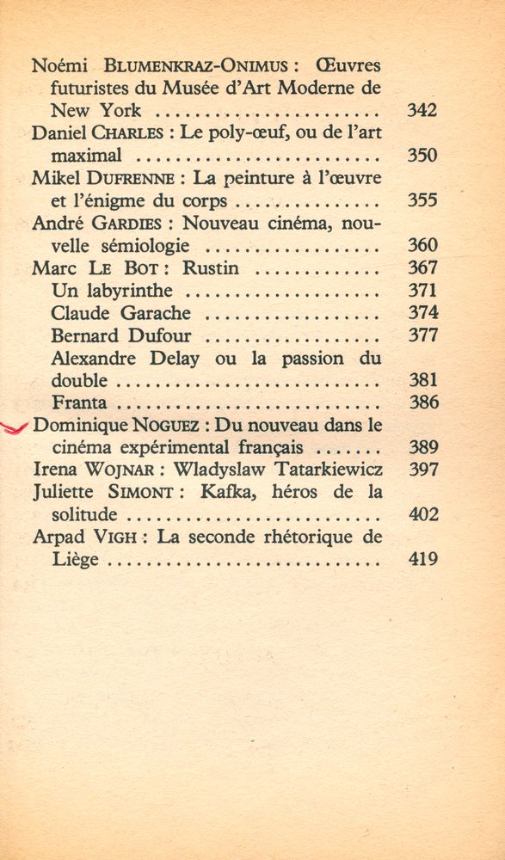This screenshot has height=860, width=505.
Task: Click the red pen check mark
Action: click(x=15, y=427)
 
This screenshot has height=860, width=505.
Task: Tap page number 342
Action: click(x=422, y=110)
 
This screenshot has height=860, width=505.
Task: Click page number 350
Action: click(x=422, y=156)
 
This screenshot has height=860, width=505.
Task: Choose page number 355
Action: click(x=422, y=200)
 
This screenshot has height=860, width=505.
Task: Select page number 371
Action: click(x=422, y=290)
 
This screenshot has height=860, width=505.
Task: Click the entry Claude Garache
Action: click(x=120, y=313)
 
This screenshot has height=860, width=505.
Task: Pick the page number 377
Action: click(x=422, y=335)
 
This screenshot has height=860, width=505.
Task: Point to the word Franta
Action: click(x=80, y=402)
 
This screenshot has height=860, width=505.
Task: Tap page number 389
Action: click(x=422, y=447)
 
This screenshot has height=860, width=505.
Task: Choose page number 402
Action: click(x=422, y=515)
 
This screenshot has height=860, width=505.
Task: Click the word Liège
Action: click(x=76, y=560)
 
